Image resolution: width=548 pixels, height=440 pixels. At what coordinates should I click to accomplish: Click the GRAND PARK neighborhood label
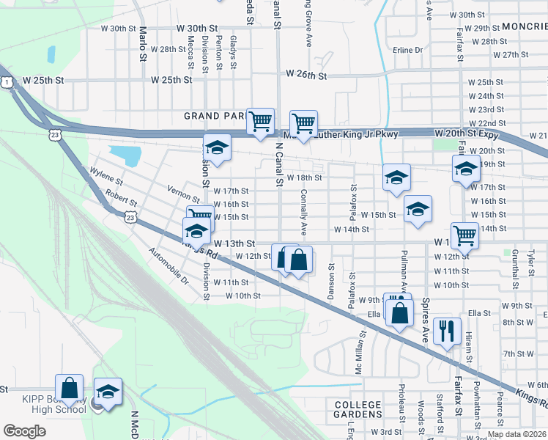pos(215,116)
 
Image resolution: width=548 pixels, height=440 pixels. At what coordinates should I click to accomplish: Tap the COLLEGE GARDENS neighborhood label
pos(358,411)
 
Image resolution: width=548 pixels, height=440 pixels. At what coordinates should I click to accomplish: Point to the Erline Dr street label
pos(408,50)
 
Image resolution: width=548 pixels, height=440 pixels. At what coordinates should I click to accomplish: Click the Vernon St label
pos(183,194)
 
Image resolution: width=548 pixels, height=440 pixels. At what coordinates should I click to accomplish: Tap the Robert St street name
pos(121,197)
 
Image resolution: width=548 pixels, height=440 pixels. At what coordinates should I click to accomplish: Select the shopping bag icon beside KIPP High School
pos(69,388)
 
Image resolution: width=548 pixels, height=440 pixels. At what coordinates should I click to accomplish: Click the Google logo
pos(24,431)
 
